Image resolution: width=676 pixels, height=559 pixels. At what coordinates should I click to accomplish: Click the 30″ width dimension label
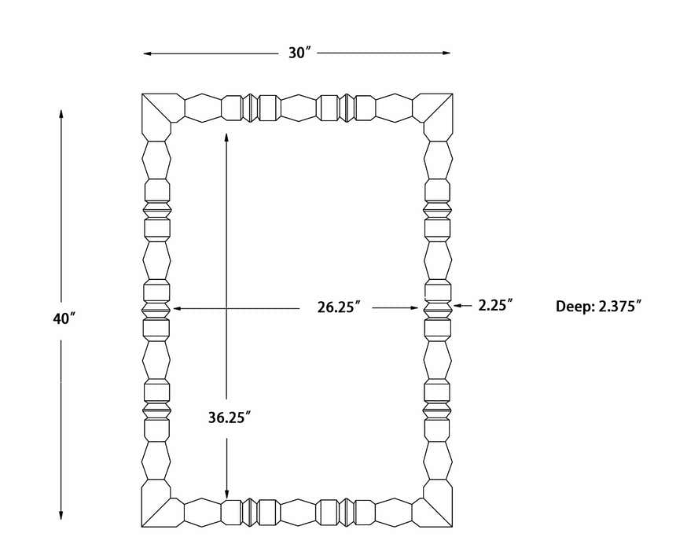tap(299, 53)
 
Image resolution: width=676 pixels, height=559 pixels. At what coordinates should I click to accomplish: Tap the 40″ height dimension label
tap(64, 318)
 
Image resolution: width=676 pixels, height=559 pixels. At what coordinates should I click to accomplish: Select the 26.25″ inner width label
tap(339, 307)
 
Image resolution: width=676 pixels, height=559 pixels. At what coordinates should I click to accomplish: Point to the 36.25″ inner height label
tap(230, 417)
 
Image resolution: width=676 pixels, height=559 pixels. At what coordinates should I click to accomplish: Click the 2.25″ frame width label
tap(495, 305)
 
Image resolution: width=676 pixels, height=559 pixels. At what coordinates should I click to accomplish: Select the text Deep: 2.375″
tap(598, 307)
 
